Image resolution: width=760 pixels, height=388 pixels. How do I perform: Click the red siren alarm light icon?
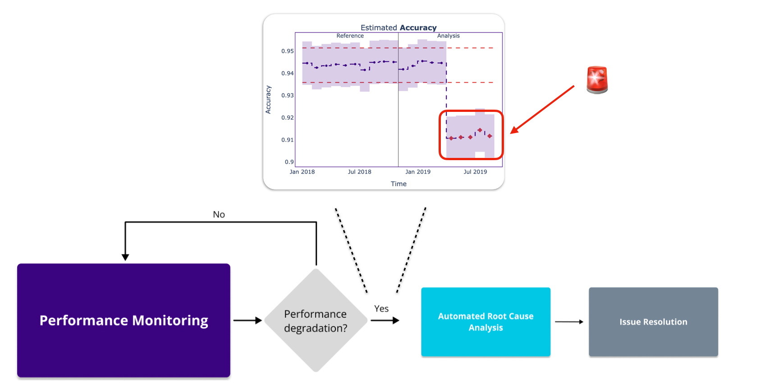pos(597,80)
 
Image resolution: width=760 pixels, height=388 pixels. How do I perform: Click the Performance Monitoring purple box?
pos(124,320)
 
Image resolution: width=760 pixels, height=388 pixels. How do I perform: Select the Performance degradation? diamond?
pos(316,321)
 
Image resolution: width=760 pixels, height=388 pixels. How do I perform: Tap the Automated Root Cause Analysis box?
pos(485,322)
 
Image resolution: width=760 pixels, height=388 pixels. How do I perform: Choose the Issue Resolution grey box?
pos(653,322)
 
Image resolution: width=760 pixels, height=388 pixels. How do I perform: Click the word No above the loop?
pos(219,215)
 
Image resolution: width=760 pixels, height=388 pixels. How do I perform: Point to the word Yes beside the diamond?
pos(381,309)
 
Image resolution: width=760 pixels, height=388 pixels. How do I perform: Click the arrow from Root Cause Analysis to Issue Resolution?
pos(569,322)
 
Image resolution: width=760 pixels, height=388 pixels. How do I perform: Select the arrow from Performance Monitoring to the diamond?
pos(247,320)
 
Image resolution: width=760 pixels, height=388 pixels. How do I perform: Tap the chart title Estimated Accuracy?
pos(398,28)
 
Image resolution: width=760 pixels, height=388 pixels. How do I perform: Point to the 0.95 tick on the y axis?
pos(287,51)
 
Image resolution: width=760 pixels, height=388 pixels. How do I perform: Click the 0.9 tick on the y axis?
pos(289,162)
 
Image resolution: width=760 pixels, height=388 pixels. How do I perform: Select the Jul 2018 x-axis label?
pos(359,172)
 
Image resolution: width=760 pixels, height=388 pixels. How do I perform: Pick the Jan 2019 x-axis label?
pos(417,172)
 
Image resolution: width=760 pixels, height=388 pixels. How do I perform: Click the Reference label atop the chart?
pos(350,36)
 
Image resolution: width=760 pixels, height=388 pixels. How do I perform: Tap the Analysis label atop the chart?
pos(448,36)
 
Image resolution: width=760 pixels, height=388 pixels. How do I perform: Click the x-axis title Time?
pos(398,184)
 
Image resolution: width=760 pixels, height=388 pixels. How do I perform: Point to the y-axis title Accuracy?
pos(268,100)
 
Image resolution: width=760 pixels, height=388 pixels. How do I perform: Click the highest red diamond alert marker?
pos(480,130)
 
